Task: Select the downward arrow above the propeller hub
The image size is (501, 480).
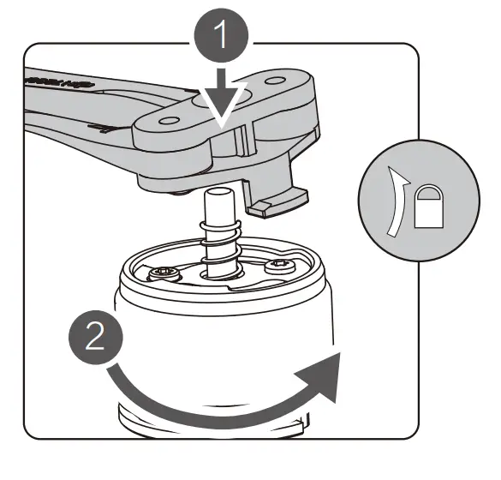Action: tap(224, 104)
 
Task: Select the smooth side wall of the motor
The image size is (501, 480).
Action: tap(214, 343)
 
